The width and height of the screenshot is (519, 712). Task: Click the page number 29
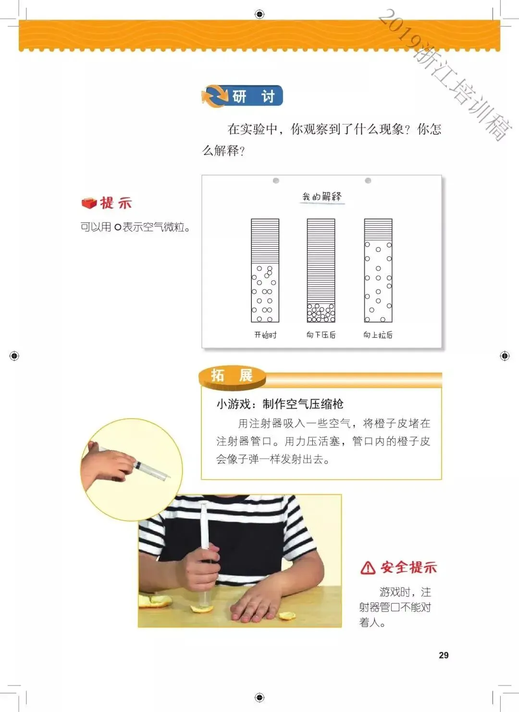pyautogui.click(x=444, y=655)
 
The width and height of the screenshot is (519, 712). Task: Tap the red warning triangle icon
pyautogui.click(x=368, y=567)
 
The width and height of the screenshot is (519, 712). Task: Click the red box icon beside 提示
pyautogui.click(x=89, y=203)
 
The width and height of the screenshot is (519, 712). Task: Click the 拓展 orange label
pyautogui.click(x=232, y=376)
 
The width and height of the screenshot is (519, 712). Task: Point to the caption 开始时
pyautogui.click(x=265, y=335)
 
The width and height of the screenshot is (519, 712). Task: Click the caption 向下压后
pyautogui.click(x=321, y=335)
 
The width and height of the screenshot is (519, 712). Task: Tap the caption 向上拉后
pyautogui.click(x=378, y=335)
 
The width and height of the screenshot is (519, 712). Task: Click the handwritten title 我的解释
pyautogui.click(x=322, y=197)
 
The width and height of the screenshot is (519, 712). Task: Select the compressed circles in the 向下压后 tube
pyautogui.click(x=321, y=313)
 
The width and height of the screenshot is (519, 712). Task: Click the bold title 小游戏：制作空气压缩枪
pyautogui.click(x=280, y=404)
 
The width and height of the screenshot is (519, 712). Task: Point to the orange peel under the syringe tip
pyautogui.click(x=201, y=609)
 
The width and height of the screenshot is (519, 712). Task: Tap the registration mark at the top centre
pyautogui.click(x=259, y=14)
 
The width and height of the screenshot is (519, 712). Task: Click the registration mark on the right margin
pyautogui.click(x=505, y=356)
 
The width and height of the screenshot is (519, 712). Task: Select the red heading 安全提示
pyautogui.click(x=409, y=567)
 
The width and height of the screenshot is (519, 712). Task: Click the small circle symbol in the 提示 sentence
pyautogui.click(x=118, y=227)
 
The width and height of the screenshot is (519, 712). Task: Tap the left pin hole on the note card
pyautogui.click(x=276, y=181)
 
